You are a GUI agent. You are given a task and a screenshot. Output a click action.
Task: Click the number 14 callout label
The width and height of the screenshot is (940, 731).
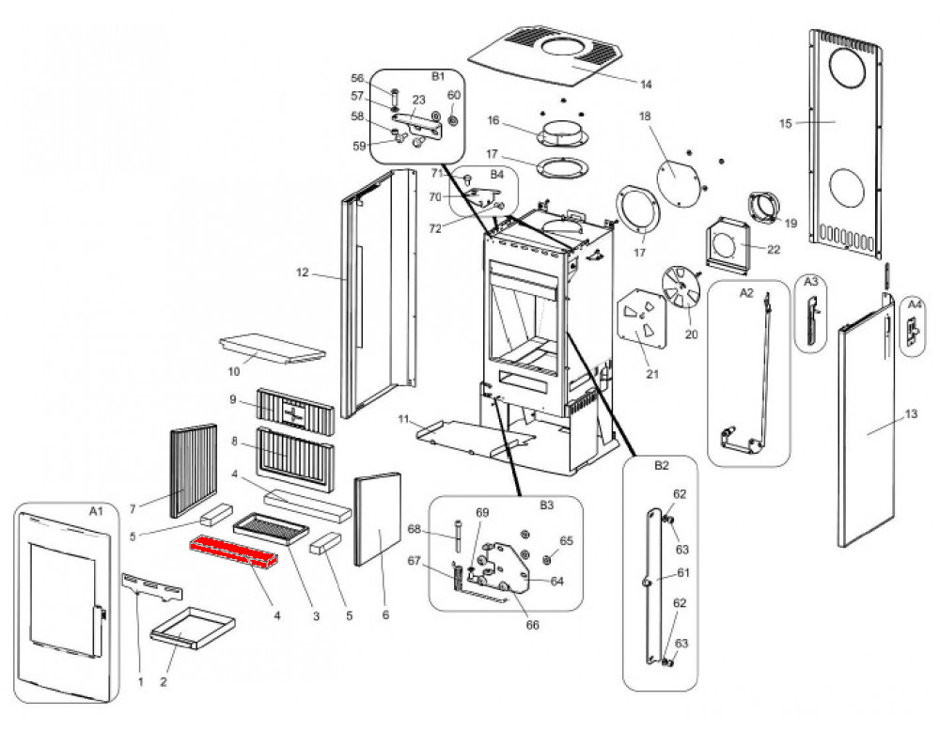[645, 85]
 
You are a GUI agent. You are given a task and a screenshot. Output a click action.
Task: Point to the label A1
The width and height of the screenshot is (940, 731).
[94, 511]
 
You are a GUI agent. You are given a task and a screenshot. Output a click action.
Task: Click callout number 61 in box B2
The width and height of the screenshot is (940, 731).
[683, 572]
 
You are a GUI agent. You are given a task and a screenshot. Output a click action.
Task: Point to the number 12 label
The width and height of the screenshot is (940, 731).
[302, 273]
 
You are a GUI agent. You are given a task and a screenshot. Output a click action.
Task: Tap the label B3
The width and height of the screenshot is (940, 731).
[546, 505]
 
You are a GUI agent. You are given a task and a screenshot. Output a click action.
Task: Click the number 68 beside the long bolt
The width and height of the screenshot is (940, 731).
[439, 529]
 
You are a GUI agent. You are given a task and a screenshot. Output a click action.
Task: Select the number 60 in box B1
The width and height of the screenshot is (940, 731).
[454, 96]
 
